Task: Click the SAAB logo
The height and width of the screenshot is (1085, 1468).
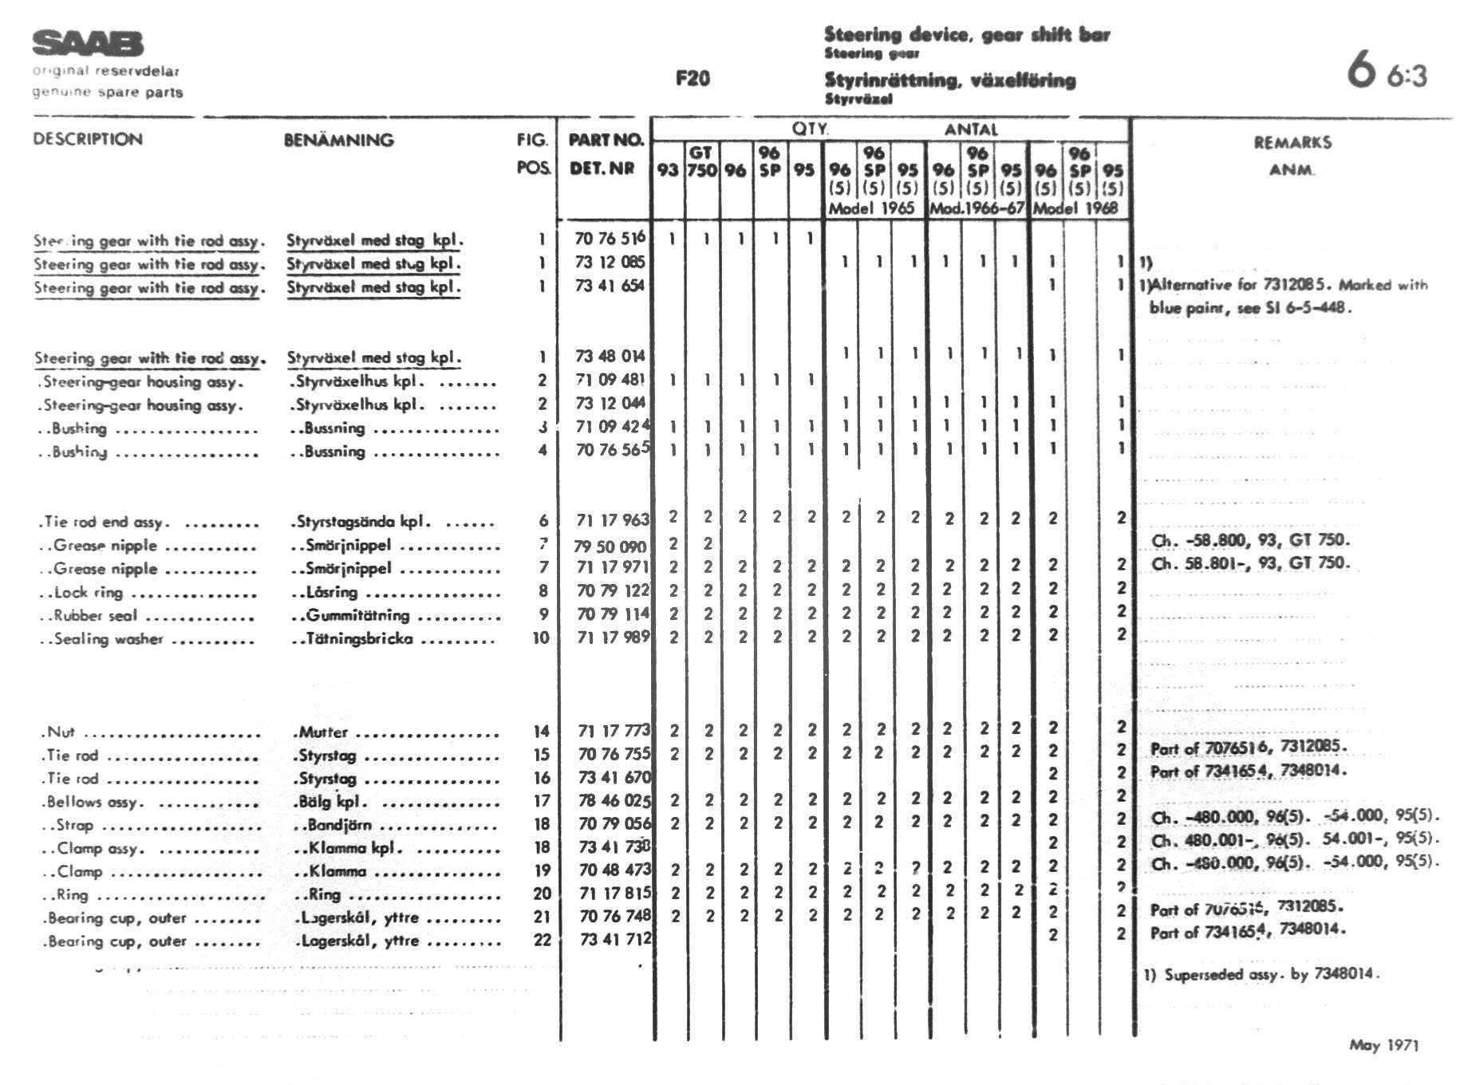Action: [x=88, y=44]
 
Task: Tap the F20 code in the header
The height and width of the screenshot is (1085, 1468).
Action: [x=693, y=78]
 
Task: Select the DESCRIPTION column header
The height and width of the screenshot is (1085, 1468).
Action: [x=88, y=139]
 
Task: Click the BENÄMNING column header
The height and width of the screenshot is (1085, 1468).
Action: [x=339, y=140]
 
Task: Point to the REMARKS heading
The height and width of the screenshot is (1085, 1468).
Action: [x=1292, y=143]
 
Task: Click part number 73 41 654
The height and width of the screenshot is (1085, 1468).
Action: [x=610, y=286]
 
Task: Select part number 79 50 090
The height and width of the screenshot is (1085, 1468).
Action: [x=610, y=546]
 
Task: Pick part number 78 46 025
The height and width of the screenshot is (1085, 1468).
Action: [x=614, y=800]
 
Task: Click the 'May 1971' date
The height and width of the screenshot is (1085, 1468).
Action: [x=1384, y=1045]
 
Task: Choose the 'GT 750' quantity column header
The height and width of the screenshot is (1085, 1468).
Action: [x=701, y=161]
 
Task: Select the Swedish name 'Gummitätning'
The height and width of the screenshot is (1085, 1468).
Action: [x=357, y=615]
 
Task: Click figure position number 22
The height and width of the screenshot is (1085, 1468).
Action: [x=542, y=940]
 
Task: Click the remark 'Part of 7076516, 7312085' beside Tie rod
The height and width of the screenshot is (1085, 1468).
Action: [x=1249, y=748]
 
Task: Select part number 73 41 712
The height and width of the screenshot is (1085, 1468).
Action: [x=615, y=940]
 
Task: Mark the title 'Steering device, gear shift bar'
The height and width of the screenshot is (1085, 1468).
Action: [x=966, y=34]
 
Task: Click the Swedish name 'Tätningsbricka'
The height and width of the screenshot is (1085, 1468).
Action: [x=359, y=638]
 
